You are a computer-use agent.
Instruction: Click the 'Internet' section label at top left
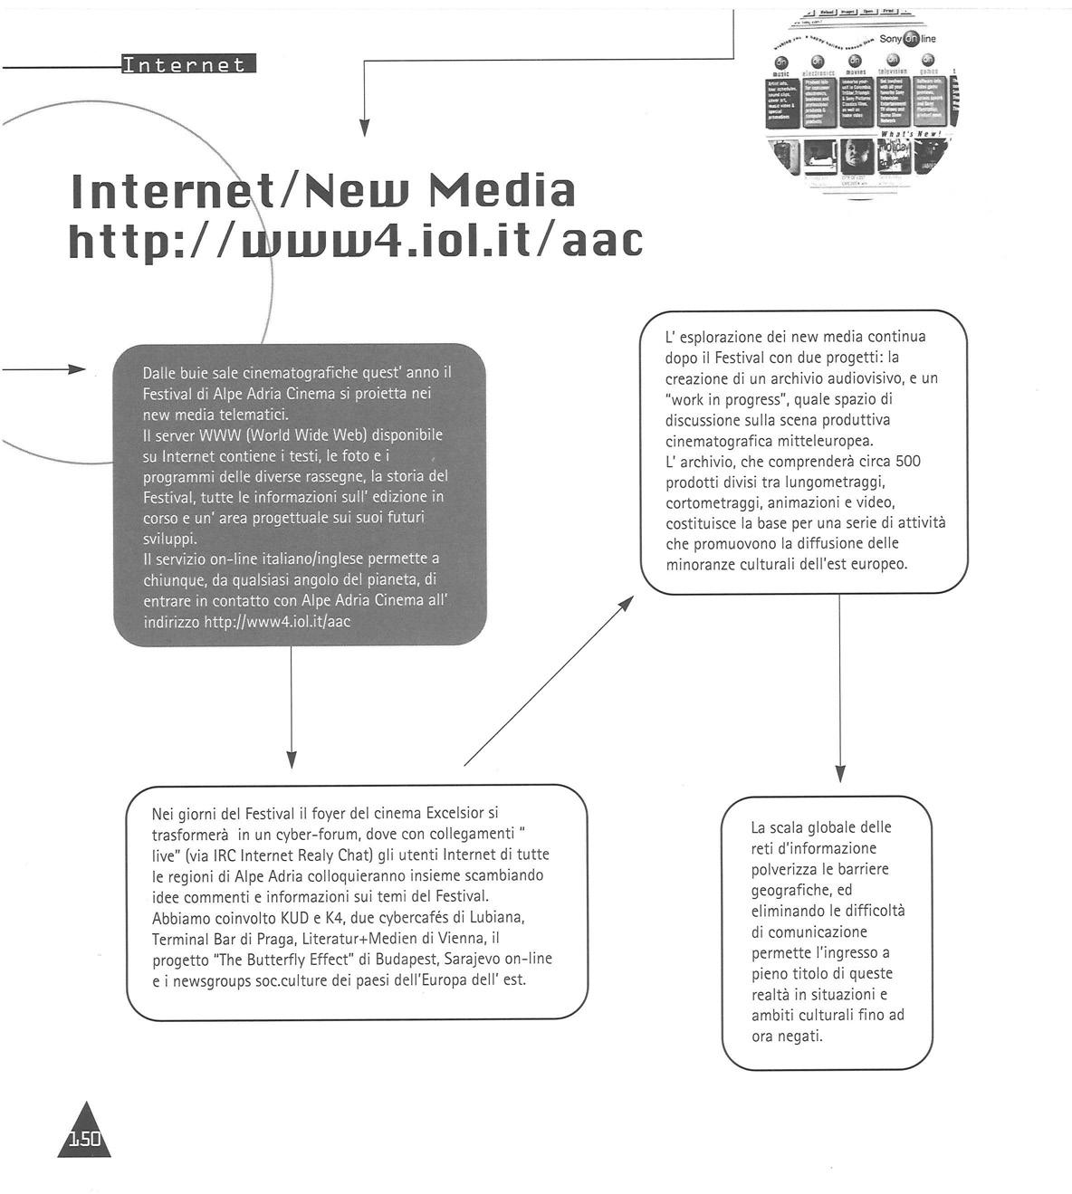(x=187, y=64)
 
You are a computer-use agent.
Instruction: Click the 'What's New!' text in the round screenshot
(x=910, y=133)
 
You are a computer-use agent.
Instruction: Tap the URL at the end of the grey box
(x=277, y=622)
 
